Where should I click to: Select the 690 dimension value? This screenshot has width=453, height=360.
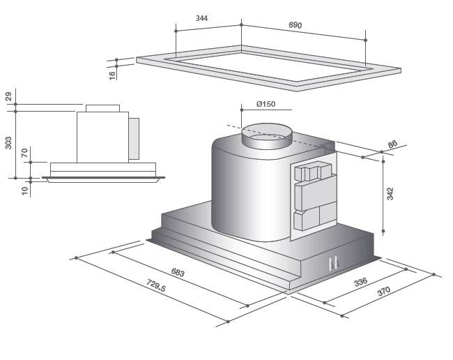click(295, 26)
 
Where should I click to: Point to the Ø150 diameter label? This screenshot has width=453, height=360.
click(266, 104)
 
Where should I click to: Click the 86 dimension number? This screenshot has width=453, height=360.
click(392, 145)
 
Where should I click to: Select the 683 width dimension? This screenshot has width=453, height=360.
click(178, 273)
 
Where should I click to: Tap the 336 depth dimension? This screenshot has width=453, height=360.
click(360, 282)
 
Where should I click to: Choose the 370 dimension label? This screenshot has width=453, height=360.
click(384, 292)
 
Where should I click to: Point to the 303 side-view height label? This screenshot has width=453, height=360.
click(8, 142)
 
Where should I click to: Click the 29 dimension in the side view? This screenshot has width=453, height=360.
click(8, 96)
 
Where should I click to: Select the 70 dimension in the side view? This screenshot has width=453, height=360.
click(24, 153)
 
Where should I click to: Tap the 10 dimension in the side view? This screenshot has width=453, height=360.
click(24, 190)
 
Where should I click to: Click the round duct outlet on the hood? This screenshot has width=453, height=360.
click(266, 135)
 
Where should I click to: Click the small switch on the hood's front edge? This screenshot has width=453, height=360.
click(333, 262)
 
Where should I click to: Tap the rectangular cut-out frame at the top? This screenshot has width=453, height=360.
click(268, 68)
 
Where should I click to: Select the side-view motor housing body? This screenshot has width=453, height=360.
click(102, 137)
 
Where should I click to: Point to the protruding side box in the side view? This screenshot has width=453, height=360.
click(134, 137)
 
